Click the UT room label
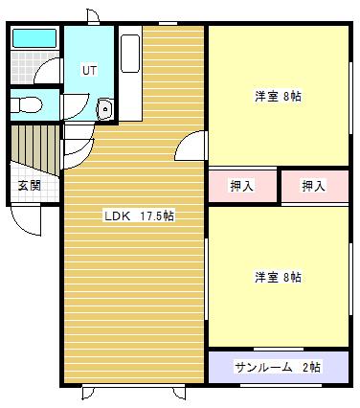(x=89, y=70)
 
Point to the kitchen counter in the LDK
(x=132, y=72)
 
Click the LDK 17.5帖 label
(x=139, y=215)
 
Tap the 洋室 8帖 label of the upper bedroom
(x=278, y=96)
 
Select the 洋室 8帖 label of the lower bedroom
(x=278, y=277)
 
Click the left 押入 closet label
(x=241, y=185)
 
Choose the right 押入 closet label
(x=313, y=185)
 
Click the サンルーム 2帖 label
(x=278, y=367)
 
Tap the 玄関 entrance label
(x=29, y=185)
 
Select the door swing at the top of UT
(x=92, y=17)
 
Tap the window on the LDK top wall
(x=169, y=23)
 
